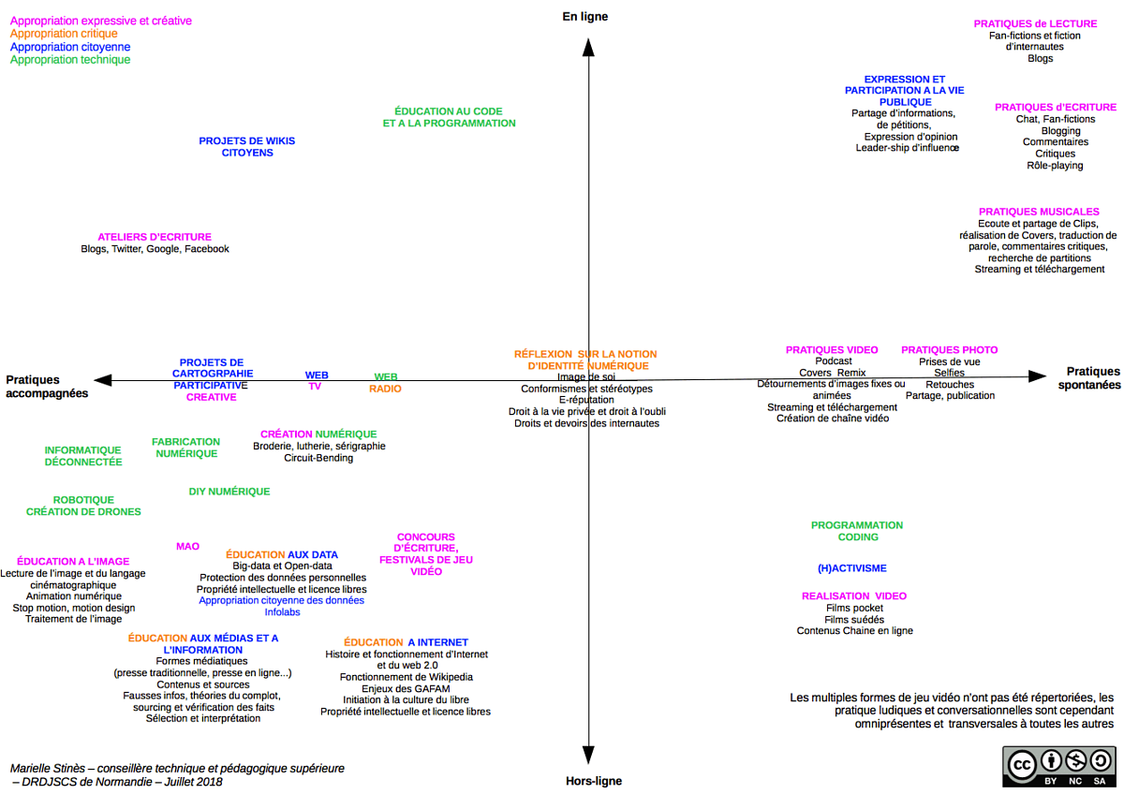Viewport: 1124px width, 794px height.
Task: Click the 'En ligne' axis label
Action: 585,16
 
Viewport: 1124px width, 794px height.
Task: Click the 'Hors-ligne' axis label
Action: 594,781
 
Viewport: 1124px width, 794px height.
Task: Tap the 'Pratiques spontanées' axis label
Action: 1093,378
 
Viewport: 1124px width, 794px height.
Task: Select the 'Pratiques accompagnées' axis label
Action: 47,387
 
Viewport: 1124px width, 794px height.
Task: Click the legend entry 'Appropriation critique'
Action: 64,34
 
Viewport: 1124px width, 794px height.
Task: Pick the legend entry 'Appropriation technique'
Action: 70,60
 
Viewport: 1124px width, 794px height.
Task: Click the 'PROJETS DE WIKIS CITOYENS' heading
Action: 246,147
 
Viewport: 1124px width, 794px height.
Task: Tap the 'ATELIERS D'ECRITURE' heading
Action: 155,237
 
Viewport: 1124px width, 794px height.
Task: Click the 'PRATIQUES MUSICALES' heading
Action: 1039,212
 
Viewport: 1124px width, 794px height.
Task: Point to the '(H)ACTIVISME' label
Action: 851,568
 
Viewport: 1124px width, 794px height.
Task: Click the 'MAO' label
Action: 187,546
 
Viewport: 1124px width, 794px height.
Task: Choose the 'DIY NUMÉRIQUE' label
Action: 229,492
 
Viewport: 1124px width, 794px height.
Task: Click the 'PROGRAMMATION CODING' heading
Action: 857,531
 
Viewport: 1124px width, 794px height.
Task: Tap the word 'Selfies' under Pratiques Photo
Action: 949,373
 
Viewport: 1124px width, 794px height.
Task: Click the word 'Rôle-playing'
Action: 1055,166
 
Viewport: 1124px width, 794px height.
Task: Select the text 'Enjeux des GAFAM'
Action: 406,688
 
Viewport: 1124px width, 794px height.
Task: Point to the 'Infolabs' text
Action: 282,612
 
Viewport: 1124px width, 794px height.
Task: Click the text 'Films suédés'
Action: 854,619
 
